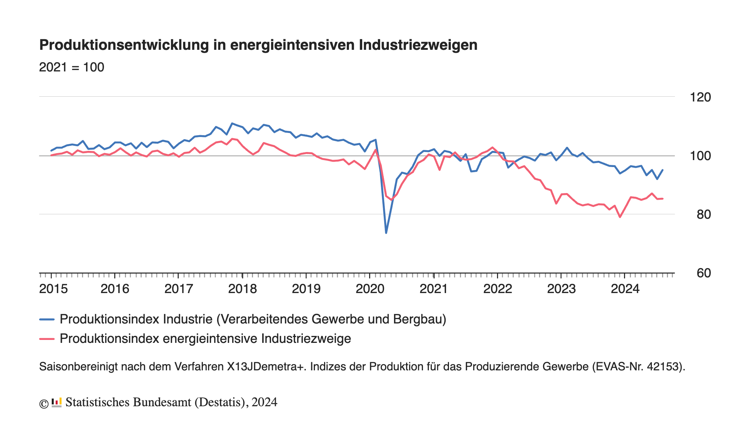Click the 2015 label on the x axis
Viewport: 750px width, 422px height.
click(53, 289)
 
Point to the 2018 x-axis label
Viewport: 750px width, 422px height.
click(242, 289)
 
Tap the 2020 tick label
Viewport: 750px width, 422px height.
click(370, 289)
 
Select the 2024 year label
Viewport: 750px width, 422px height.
click(625, 289)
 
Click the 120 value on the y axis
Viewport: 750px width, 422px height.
click(700, 97)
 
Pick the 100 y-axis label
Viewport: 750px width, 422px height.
click(700, 156)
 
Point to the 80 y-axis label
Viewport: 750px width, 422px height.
click(703, 215)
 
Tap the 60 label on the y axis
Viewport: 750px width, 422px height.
click(703, 273)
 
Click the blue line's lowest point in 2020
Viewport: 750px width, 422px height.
click(386, 233)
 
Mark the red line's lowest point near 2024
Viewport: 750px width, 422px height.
click(620, 217)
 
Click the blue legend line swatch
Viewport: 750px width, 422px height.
click(47, 319)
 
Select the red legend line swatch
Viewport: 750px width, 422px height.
click(47, 339)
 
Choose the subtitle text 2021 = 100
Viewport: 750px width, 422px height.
click(72, 67)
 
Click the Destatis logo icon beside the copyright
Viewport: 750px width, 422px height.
click(56, 402)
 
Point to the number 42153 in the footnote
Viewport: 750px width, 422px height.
click(662, 367)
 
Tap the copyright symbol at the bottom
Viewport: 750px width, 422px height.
click(44, 403)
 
